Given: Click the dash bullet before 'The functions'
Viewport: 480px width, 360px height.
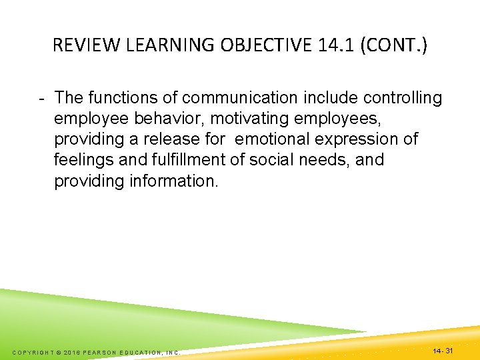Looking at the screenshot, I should pyautogui.click(x=41, y=99).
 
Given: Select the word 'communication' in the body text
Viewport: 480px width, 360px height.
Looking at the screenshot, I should pyautogui.click(x=239, y=99).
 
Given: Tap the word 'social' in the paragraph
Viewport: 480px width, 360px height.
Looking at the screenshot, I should pyautogui.click(x=271, y=161).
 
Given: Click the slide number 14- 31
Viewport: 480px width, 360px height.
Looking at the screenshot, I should pyautogui.click(x=443, y=350).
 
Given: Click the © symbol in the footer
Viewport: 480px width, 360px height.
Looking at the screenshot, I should pyautogui.click(x=59, y=352).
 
